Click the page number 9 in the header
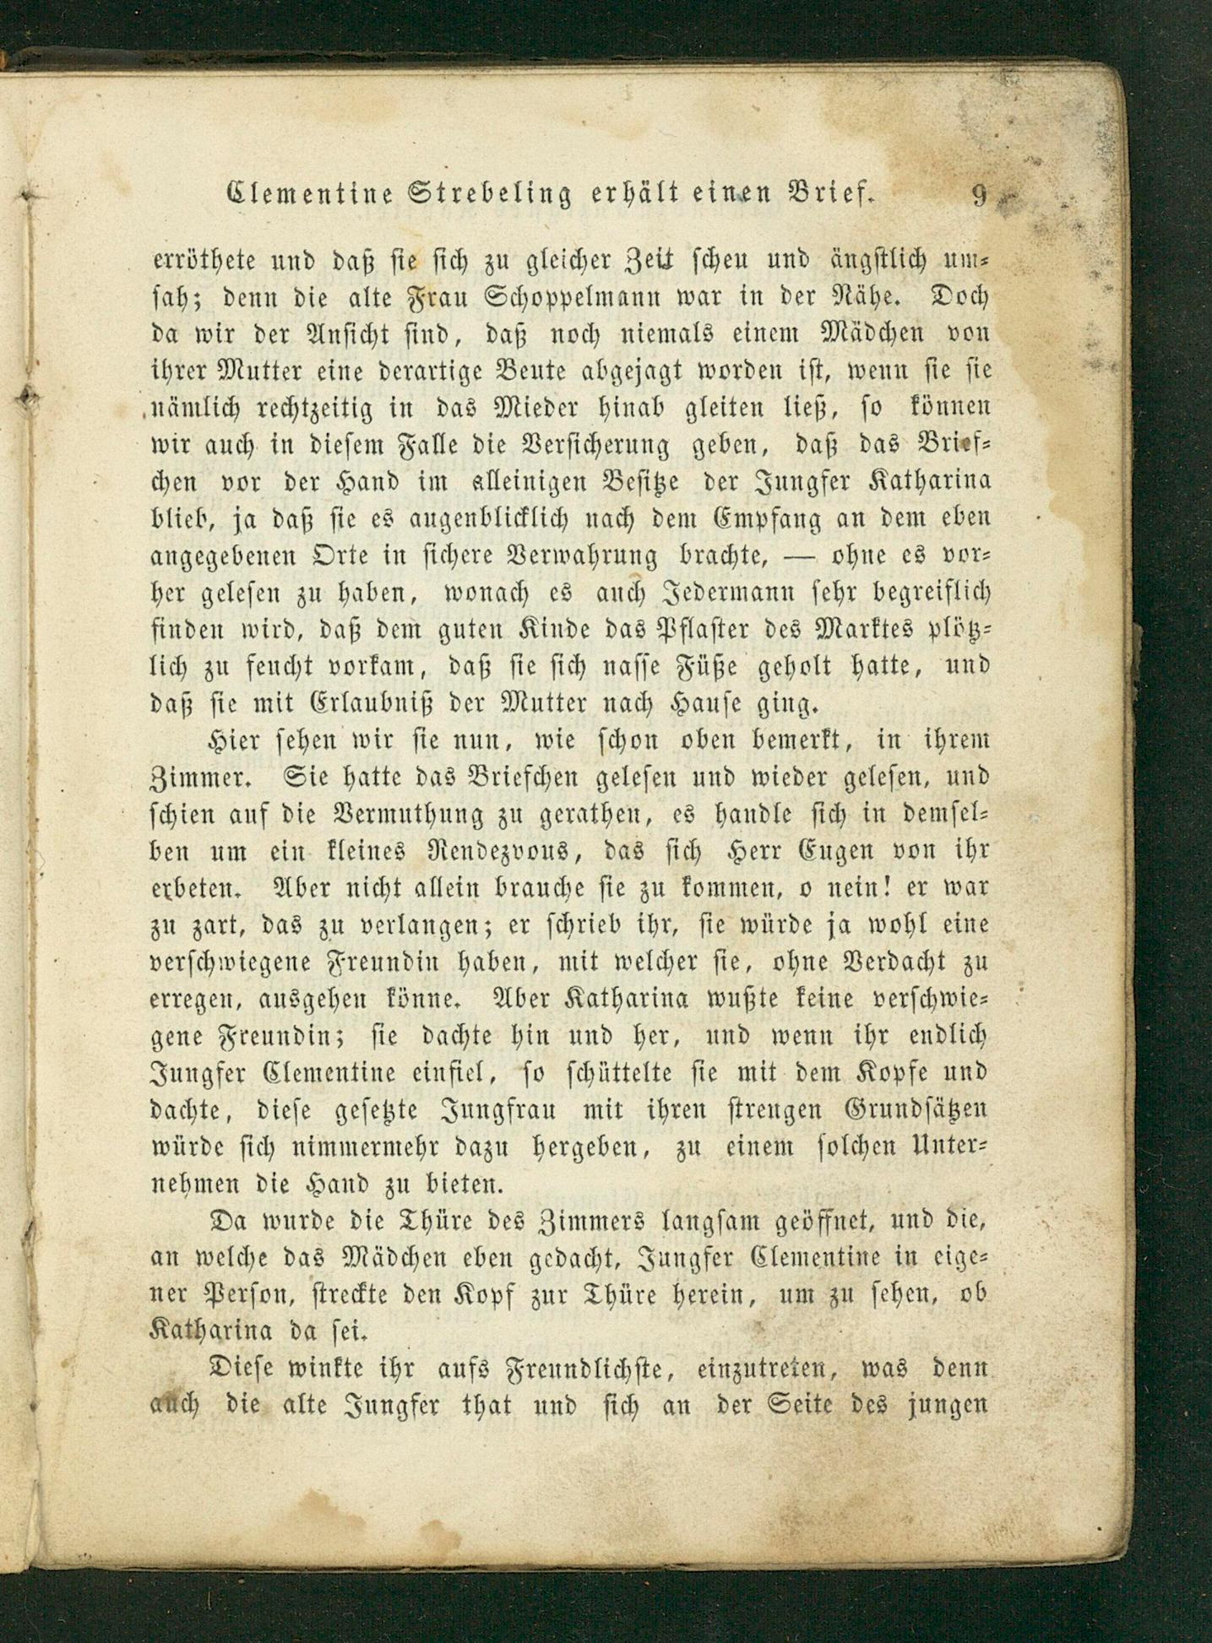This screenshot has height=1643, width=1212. point(979,195)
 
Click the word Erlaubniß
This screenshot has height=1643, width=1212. point(324,703)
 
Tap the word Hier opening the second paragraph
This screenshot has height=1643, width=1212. point(233,740)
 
